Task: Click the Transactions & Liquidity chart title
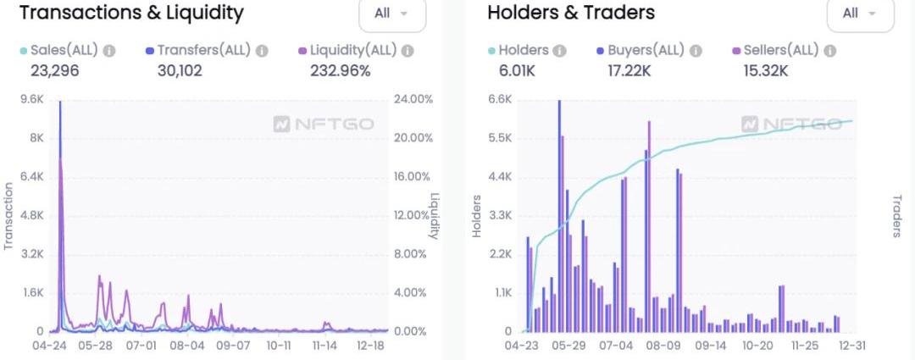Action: click(x=131, y=13)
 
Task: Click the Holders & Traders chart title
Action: click(x=571, y=13)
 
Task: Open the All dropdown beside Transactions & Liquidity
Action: click(x=392, y=14)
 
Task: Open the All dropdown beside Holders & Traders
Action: click(x=860, y=14)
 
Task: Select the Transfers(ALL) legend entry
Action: click(x=203, y=51)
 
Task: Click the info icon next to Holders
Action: click(x=559, y=51)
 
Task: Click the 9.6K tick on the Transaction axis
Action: click(x=31, y=99)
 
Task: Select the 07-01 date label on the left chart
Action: click(x=141, y=346)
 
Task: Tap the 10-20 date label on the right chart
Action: click(x=758, y=346)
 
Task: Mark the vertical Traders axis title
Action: click(x=896, y=216)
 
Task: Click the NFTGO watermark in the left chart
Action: click(x=324, y=125)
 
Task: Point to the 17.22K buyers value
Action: click(x=629, y=71)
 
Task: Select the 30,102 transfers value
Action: click(x=180, y=71)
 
